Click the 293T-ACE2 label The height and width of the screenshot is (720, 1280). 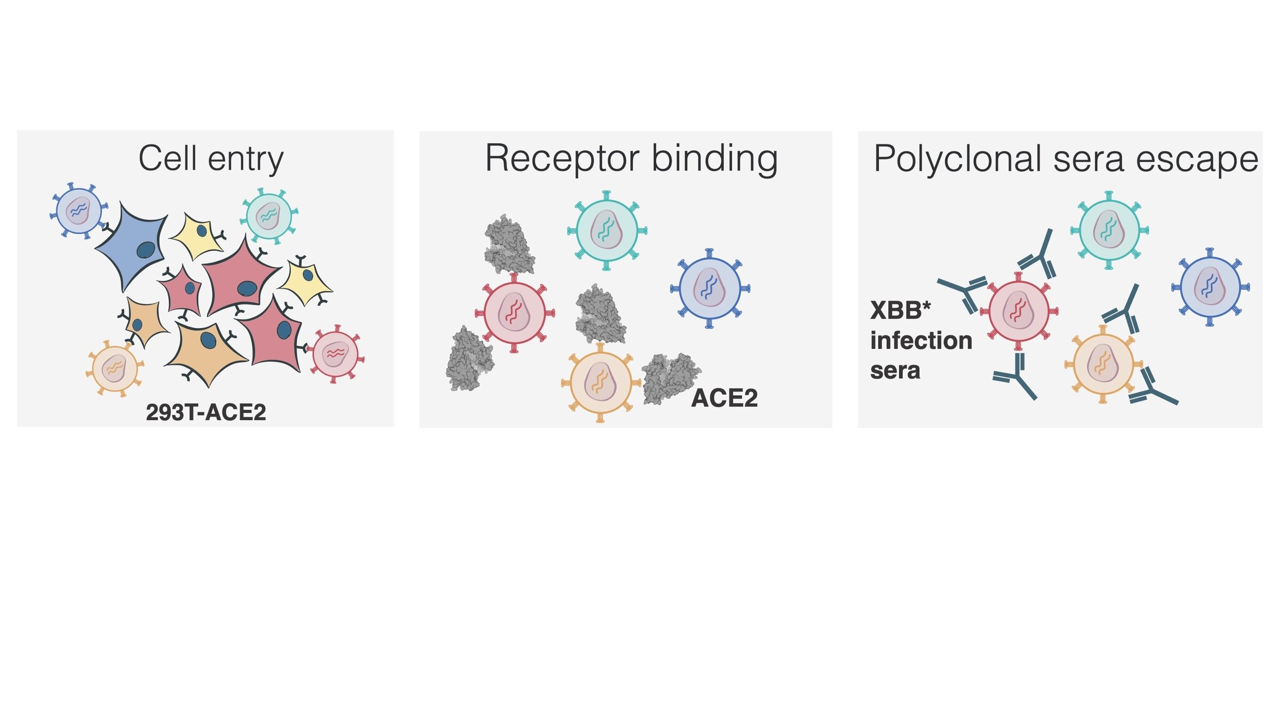[x=206, y=412]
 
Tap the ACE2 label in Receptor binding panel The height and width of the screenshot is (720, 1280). [x=724, y=398]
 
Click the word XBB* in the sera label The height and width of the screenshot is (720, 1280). [x=900, y=310]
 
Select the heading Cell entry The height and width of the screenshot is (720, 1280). [x=211, y=158]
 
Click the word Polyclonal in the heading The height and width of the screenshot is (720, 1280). [x=957, y=158]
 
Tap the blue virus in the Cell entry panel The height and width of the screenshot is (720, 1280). [x=79, y=210]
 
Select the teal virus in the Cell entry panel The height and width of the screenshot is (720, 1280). [x=268, y=215]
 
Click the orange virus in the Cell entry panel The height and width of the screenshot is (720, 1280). [x=115, y=367]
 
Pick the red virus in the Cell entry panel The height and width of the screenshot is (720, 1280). [x=336, y=354]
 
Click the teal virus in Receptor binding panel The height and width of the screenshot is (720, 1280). [x=607, y=230]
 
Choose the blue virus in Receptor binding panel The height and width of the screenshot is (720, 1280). [x=710, y=289]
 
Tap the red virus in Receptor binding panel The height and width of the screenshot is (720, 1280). [x=514, y=313]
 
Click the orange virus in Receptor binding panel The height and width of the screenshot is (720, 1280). [x=601, y=382]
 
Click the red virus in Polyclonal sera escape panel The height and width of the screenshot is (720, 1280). [x=1019, y=311]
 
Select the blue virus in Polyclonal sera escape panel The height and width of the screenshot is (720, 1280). [x=1210, y=287]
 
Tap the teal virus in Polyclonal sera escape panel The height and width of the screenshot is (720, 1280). [x=1109, y=230]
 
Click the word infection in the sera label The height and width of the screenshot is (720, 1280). [x=921, y=340]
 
